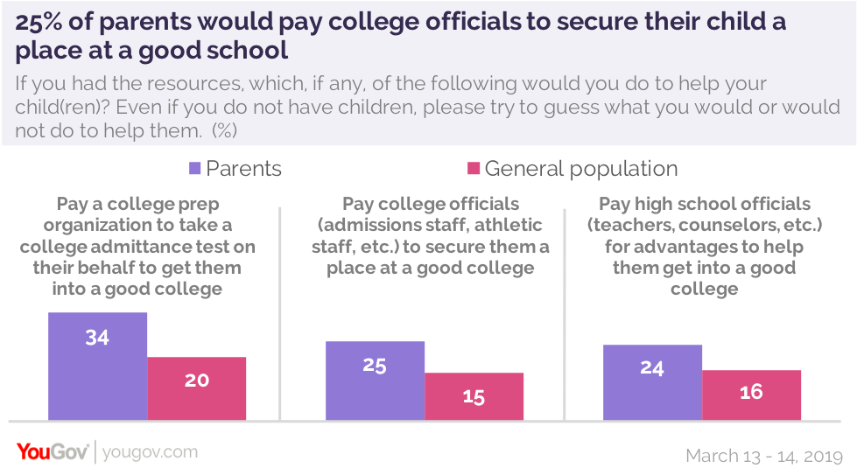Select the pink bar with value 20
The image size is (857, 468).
(x=196, y=388)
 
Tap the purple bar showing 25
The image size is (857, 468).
(x=375, y=381)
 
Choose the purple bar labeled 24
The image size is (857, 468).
(x=652, y=382)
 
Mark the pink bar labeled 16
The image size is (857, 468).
(x=751, y=395)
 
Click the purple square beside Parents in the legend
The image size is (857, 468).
(x=195, y=168)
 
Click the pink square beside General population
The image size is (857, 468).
(x=474, y=168)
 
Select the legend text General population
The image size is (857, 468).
(x=581, y=168)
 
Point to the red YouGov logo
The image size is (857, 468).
(x=52, y=451)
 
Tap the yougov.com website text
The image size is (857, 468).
(x=150, y=452)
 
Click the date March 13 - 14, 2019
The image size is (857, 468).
(x=764, y=455)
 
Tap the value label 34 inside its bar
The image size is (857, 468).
(x=97, y=337)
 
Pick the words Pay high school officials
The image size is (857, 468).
(x=705, y=205)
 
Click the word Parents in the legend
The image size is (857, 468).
(x=244, y=168)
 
